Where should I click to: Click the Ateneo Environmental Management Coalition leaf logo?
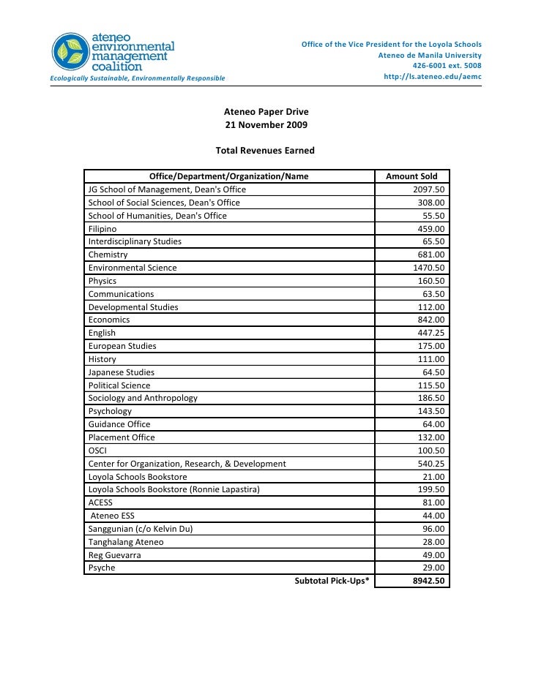[69, 51]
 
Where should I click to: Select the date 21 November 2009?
[266, 125]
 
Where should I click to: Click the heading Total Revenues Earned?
[265, 151]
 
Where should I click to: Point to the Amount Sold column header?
[411, 176]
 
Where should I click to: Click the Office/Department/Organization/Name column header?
[228, 176]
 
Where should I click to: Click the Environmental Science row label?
[133, 268]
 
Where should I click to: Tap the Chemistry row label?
[108, 255]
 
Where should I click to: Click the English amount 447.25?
[431, 333]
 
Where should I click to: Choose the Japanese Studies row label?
[122, 372]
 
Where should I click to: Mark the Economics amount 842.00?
[431, 320]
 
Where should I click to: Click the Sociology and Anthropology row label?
[143, 398]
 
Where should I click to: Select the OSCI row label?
[97, 451]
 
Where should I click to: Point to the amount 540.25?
[431, 464]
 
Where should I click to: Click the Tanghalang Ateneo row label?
[126, 542]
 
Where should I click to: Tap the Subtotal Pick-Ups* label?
[332, 581]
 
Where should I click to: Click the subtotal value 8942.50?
[428, 581]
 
